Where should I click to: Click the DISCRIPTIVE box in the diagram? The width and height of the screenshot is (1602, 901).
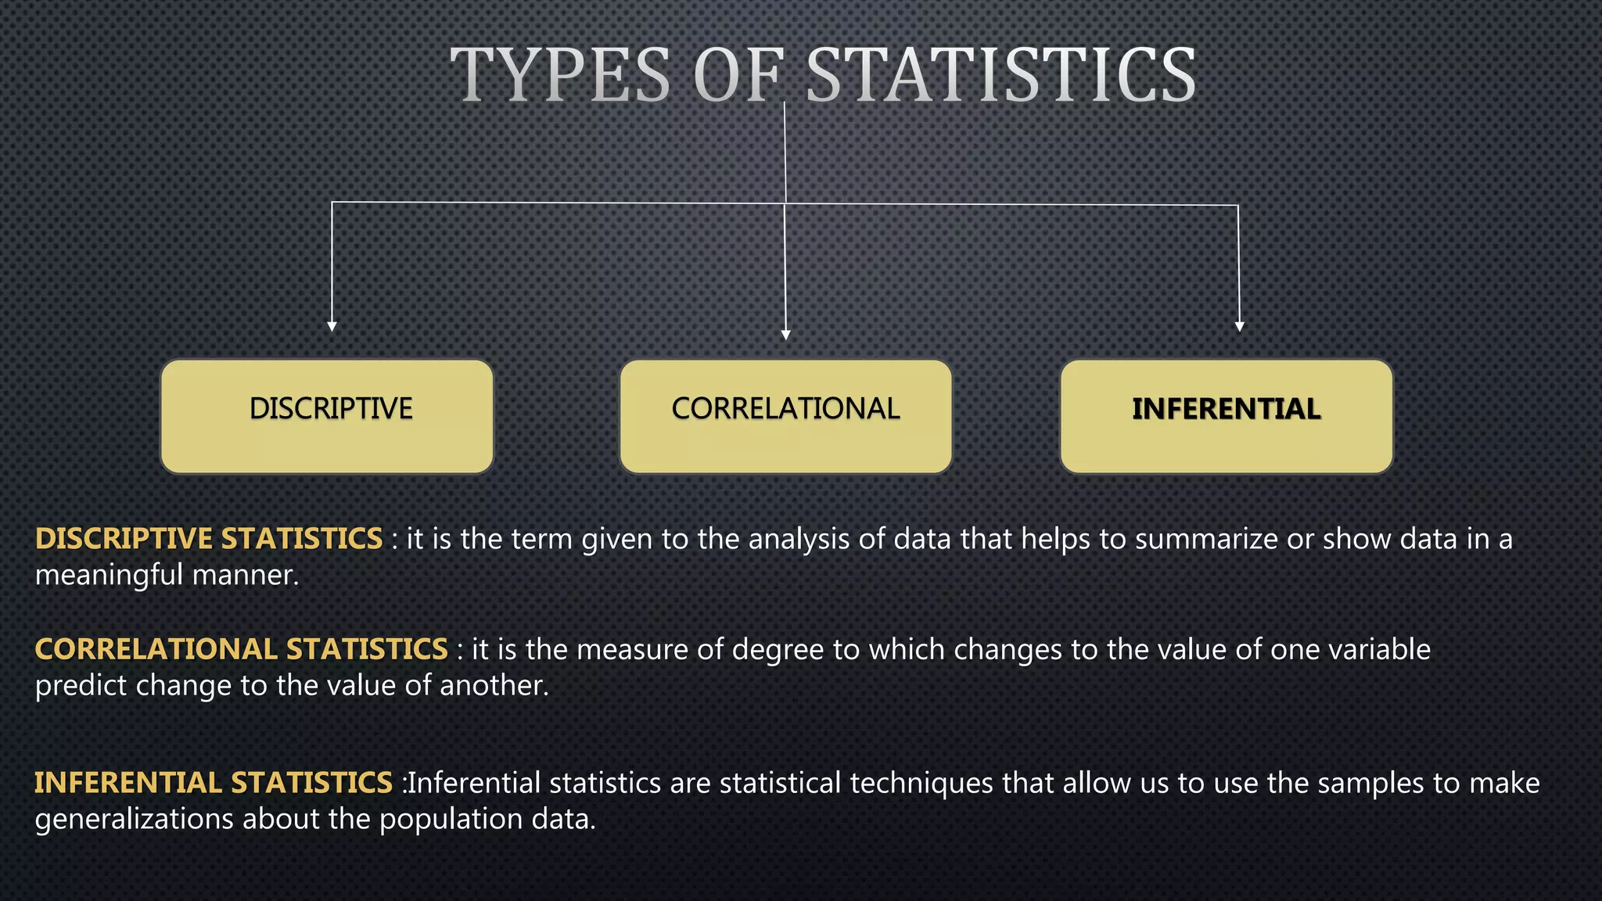coord(327,416)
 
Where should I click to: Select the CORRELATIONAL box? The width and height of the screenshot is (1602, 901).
coord(785,416)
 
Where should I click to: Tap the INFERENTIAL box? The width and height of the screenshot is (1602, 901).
coord(1226,416)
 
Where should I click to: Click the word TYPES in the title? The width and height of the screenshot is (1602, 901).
coord(560,76)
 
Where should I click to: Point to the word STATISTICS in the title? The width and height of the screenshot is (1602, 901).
coord(1000,76)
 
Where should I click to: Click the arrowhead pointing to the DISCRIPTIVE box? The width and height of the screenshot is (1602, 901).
coord(332,326)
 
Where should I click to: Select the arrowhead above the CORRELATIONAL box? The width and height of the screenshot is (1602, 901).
coord(785,334)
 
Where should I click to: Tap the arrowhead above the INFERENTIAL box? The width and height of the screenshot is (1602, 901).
coord(1238,326)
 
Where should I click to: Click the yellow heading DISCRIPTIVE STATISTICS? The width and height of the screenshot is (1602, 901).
coord(209,539)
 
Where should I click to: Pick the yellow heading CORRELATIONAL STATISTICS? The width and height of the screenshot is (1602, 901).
coord(241,649)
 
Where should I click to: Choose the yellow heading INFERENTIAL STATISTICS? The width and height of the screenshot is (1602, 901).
coord(213,783)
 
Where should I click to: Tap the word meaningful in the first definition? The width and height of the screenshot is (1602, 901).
coord(109,576)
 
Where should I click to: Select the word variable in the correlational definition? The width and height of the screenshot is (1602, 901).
coord(1378,649)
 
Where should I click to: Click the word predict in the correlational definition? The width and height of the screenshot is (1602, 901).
coord(81,686)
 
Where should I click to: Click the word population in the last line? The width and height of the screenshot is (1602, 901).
coord(450,820)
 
